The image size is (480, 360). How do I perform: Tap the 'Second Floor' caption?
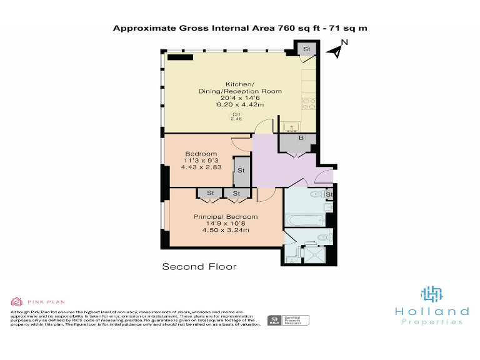(199, 267)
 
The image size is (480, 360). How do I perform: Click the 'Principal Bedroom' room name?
(225, 217)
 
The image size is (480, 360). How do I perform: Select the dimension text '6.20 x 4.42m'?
(240, 104)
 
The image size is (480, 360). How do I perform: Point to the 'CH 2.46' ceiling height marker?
(236, 116)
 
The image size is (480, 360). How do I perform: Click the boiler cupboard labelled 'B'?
(301, 138)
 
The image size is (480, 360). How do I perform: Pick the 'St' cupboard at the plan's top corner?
(307, 49)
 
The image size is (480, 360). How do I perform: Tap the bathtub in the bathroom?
(304, 219)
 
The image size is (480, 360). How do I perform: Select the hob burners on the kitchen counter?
(308, 104)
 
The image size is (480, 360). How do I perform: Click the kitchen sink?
(291, 128)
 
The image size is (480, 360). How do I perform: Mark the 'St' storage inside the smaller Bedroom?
(241, 170)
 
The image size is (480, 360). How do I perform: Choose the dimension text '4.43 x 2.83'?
(201, 167)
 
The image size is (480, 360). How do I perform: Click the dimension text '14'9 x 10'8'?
(225, 224)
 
